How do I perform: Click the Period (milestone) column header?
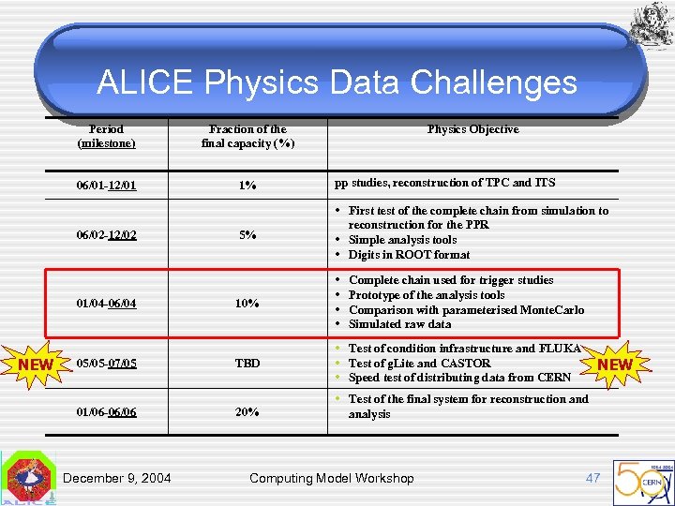[106, 136]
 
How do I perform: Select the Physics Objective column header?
[472, 129]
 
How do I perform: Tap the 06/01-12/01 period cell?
[106, 186]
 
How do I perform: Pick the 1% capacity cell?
[247, 186]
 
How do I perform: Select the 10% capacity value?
[247, 304]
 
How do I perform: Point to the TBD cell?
[247, 363]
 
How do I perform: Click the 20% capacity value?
[247, 412]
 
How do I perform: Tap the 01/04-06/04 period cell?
[106, 304]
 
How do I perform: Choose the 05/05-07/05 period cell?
[106, 363]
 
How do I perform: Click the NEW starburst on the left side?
[36, 364]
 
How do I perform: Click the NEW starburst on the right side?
[614, 364]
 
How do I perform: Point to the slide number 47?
[592, 478]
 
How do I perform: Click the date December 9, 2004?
[117, 478]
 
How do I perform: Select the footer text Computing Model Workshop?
[331, 478]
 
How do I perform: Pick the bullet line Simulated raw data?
[399, 324]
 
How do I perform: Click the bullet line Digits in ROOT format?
[409, 255]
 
